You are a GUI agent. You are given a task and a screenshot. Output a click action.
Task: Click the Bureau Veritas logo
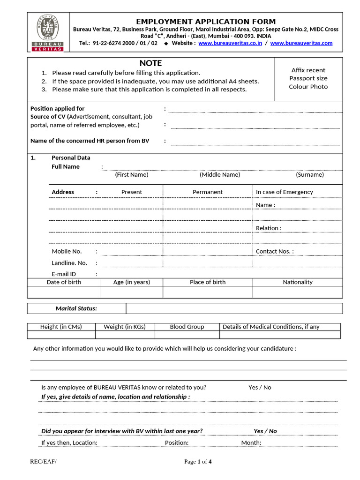coord(48,32)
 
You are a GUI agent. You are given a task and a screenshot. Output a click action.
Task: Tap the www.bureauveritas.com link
coord(301,43)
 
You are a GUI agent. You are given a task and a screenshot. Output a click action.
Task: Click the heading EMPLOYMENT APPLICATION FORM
coord(206,22)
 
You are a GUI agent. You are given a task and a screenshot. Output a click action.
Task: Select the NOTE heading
coord(150,63)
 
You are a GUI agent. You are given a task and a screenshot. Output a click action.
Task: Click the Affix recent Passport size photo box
coord(308,79)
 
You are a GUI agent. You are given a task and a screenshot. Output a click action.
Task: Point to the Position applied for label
coord(57,109)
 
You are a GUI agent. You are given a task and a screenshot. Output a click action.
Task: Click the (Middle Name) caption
coord(220,175)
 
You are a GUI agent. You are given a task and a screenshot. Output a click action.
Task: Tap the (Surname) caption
coord(309,175)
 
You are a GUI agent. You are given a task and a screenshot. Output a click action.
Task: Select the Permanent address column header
coord(208,192)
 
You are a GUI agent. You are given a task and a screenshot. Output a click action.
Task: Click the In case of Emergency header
coord(284,192)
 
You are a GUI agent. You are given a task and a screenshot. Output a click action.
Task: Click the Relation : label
coord(269,228)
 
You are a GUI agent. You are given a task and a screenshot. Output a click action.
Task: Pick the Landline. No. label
coord(69,263)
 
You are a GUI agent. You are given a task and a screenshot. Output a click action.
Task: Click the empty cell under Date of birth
coord(64,292)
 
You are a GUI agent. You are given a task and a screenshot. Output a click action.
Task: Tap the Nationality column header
coord(297,282)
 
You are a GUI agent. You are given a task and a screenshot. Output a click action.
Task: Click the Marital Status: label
coord(76,308)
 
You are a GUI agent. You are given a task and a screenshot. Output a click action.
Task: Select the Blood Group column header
coord(187,327)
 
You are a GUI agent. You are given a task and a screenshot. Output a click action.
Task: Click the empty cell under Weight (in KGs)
coord(125,335)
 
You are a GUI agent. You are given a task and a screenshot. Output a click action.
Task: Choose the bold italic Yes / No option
coord(265,431)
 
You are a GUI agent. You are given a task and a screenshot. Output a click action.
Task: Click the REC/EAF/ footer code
coord(43,462)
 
